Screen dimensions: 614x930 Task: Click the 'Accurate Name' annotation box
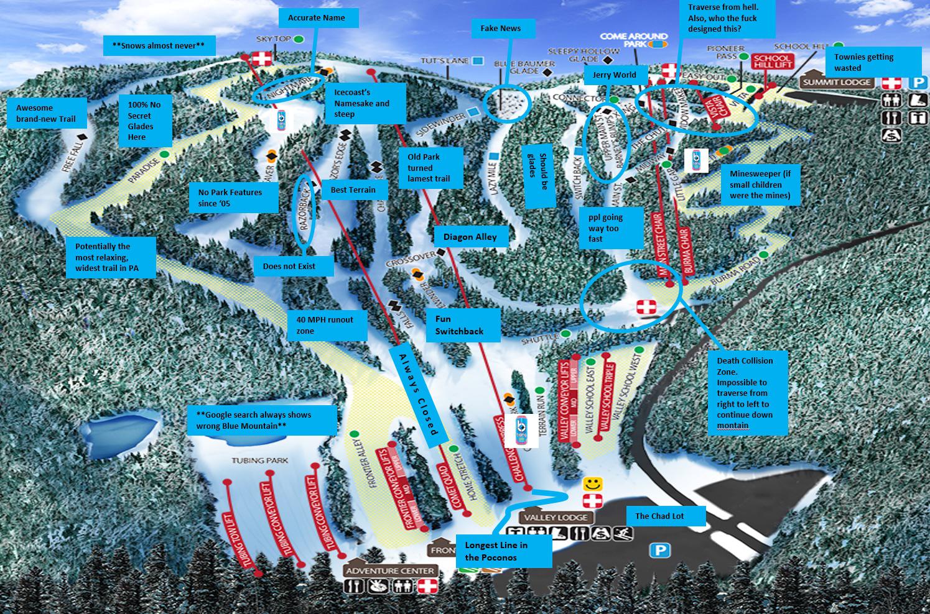click(316, 18)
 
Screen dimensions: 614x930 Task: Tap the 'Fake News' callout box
click(501, 29)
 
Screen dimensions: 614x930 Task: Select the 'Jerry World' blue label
click(615, 75)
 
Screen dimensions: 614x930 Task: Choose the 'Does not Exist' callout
click(294, 267)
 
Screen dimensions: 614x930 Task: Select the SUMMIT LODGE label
click(837, 82)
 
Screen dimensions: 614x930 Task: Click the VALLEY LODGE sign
click(555, 517)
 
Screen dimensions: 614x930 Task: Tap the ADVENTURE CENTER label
click(391, 570)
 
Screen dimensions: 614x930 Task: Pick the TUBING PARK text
click(260, 460)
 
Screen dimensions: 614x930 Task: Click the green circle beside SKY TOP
click(299, 39)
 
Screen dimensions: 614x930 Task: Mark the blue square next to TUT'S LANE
click(477, 61)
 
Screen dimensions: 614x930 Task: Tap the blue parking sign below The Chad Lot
click(660, 550)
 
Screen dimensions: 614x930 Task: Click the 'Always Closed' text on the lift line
click(416, 392)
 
